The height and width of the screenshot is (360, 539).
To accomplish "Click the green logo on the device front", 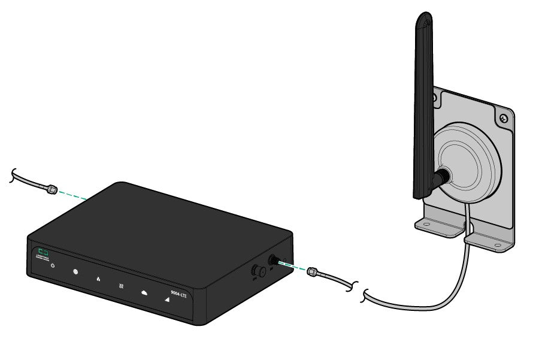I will tap(43, 251).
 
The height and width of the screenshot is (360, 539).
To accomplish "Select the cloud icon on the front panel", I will tap(144, 293).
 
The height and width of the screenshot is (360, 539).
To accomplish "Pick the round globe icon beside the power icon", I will tap(75, 272).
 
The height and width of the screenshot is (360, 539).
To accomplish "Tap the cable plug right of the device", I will tap(312, 273).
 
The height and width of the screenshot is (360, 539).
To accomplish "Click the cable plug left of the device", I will tap(52, 189).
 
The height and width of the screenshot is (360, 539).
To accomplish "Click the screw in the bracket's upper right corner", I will tap(504, 119).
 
